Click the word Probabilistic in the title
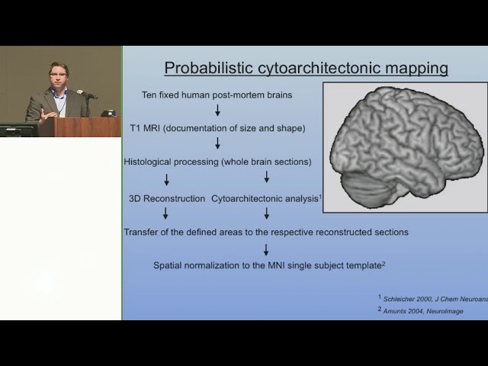[208, 68]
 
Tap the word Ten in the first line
[149, 95]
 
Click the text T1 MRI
[145, 128]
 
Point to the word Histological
[147, 162]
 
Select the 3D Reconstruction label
[167, 198]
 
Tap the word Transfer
[140, 232]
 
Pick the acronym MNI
[276, 265]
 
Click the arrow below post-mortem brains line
[217, 110]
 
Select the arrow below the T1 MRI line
[217, 143]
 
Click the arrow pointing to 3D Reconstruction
[166, 180]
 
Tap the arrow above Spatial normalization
[266, 250]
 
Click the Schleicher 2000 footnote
[433, 299]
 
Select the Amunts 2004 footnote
[421, 310]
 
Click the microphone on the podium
[87, 95]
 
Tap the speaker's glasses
[59, 75]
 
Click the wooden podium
[80, 127]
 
